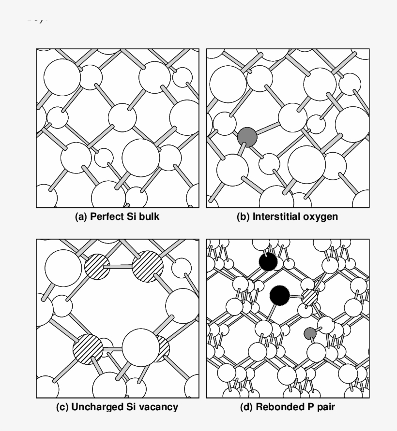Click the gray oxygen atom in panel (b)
247,137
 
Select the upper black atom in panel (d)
268,262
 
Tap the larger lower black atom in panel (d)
279,294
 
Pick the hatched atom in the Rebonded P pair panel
309,297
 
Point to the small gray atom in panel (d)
309,333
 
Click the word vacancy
157,407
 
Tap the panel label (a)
80,217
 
